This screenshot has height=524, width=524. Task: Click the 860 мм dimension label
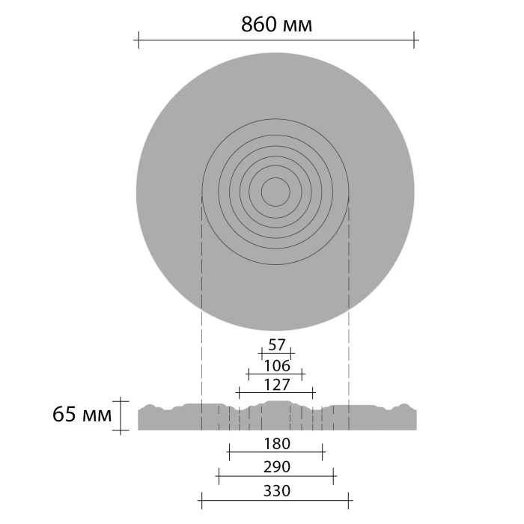[276, 25]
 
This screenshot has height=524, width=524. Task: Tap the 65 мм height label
[82, 415]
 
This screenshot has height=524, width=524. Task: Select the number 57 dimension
[277, 345]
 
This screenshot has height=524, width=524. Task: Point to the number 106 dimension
[277, 366]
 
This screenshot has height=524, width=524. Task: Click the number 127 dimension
[277, 385]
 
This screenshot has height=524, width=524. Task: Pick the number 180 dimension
[277, 444]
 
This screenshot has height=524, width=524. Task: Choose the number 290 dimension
[277, 467]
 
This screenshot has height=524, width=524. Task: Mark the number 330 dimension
[277, 491]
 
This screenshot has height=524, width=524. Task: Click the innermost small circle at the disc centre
[275, 178]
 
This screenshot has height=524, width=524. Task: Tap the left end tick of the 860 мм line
[138, 40]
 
